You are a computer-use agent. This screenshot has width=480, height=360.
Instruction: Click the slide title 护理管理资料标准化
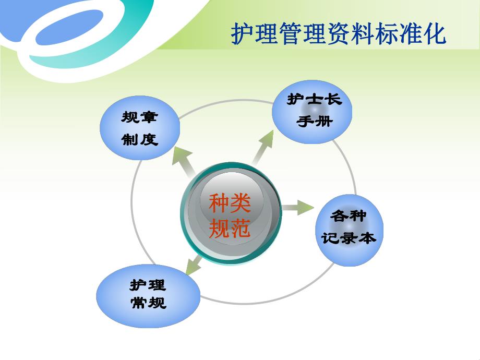pyautogui.click(x=339, y=34)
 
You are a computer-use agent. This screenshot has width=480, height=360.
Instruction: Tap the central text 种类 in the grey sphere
pyautogui.click(x=230, y=203)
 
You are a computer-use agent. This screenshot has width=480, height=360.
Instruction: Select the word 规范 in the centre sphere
pyautogui.click(x=230, y=228)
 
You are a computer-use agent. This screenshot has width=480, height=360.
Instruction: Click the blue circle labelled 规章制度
pyautogui.click(x=140, y=128)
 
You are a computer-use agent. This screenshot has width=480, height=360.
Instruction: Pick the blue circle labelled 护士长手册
pyautogui.click(x=312, y=111)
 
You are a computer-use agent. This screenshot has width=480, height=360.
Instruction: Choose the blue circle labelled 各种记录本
pyautogui.click(x=349, y=230)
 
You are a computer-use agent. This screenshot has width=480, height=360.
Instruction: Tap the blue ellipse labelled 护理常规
pyautogui.click(x=148, y=295)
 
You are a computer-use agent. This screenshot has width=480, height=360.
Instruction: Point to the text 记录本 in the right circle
pyautogui.click(x=349, y=238)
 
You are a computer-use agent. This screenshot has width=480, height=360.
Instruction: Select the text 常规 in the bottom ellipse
pyautogui.click(x=148, y=303)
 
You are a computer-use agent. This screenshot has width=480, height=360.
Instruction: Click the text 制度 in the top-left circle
pyautogui.click(x=140, y=139)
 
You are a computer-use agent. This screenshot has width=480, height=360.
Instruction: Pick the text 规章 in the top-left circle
pyautogui.click(x=140, y=117)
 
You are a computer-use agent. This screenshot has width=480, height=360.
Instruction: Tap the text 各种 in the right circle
pyautogui.click(x=349, y=215)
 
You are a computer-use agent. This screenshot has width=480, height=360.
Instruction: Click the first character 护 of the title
pyautogui.click(x=242, y=34)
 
